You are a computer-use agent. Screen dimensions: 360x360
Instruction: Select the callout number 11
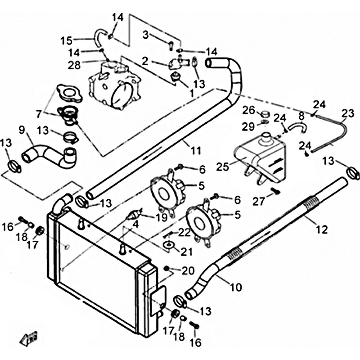pyautogui.click(x=195, y=151)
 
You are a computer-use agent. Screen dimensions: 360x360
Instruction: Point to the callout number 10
pyautogui.click(x=236, y=286)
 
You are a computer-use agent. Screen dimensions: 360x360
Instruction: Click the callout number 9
pyautogui.click(x=22, y=130)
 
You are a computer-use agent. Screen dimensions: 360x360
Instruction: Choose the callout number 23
pyautogui.click(x=347, y=114)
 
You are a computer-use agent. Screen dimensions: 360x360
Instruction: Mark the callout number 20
pyautogui.click(x=188, y=270)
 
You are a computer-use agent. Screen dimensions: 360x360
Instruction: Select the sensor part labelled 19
pyautogui.click(x=134, y=215)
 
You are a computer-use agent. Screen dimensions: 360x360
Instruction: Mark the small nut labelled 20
pyautogui.click(x=167, y=269)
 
